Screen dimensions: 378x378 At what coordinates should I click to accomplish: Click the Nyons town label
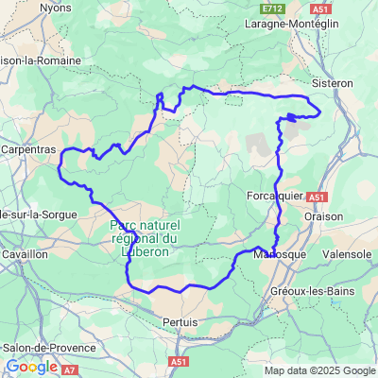coord(56,8)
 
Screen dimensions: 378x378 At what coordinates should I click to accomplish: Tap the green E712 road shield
coord(274,8)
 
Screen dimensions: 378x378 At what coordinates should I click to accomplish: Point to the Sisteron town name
coord(332,83)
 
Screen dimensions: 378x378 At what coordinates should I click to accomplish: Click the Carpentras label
coord(29,149)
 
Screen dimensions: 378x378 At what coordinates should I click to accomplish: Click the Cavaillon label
coord(24,254)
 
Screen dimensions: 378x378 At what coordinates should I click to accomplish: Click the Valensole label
coord(348,254)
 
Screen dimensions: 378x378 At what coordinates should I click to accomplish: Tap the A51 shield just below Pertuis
coord(180,361)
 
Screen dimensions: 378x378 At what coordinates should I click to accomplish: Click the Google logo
coord(31,367)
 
